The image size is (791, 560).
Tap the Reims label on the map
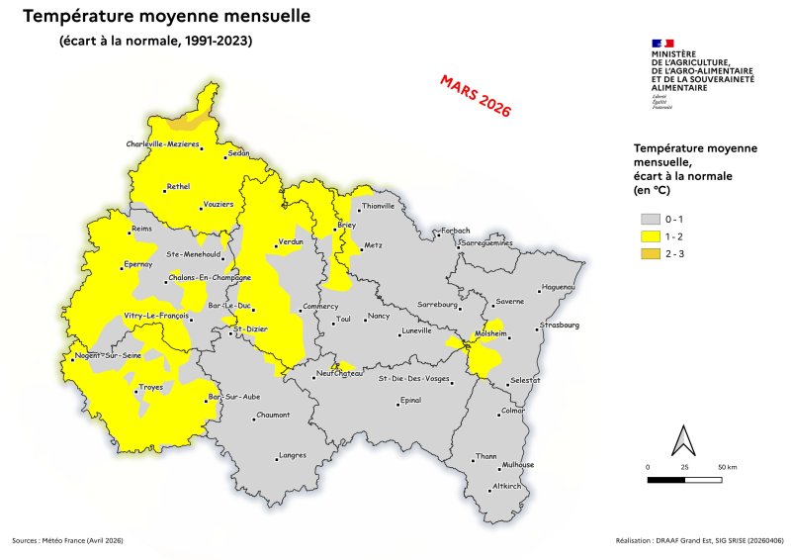(144, 230)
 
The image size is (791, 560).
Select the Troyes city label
(151, 387)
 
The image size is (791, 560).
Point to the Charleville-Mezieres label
(163, 144)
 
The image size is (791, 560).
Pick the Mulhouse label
(518, 464)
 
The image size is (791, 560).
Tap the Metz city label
(373, 244)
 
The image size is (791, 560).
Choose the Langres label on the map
(293, 455)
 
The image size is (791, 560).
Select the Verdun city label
(290, 241)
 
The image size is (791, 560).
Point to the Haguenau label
(559, 288)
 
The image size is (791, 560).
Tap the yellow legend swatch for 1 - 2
(650, 236)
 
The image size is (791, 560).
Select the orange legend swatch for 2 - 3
(650, 254)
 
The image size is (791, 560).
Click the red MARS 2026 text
(475, 96)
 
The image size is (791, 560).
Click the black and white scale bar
(684, 480)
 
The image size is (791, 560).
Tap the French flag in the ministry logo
(662, 44)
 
